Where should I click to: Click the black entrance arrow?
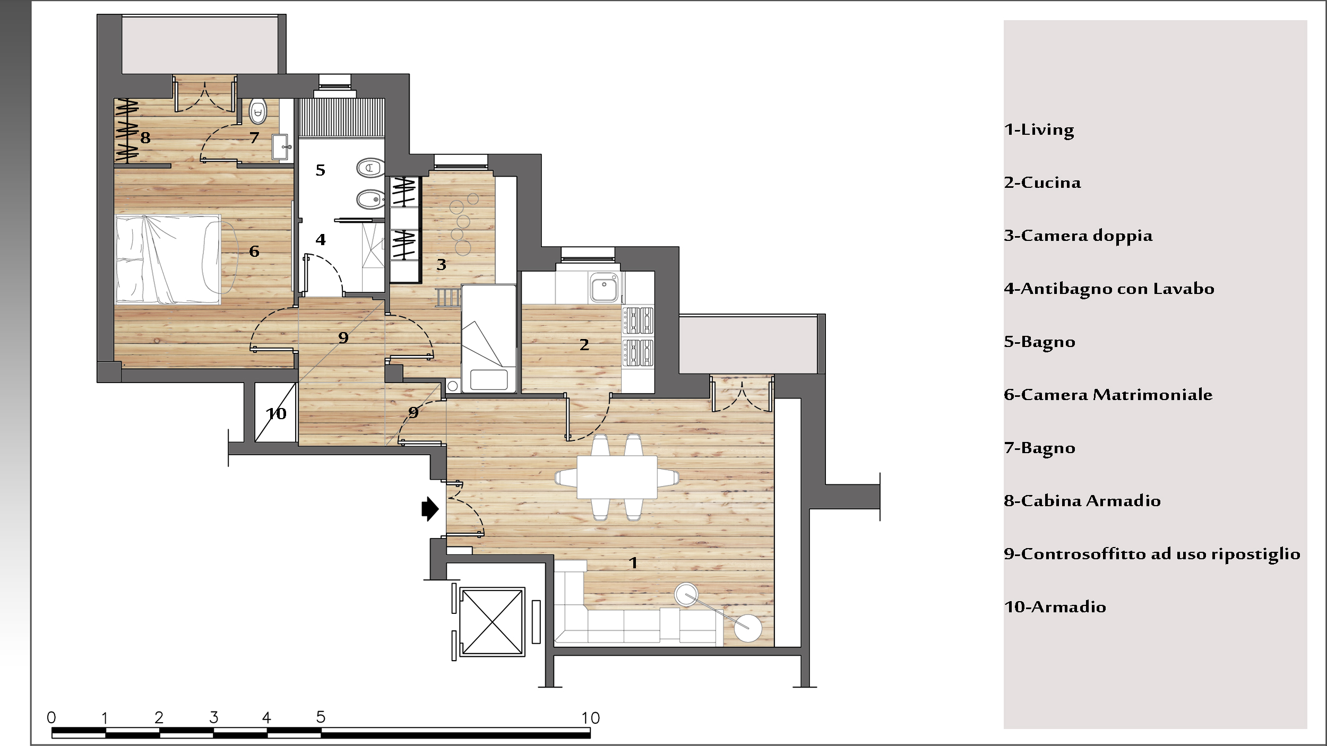click(430, 509)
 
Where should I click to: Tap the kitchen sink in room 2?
click(604, 288)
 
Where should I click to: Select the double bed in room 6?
click(168, 259)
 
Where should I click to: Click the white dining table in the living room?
click(617, 476)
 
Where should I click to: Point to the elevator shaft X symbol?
click(493, 622)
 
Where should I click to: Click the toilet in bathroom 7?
click(258, 111)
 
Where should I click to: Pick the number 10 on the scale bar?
click(590, 718)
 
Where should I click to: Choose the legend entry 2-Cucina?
click(1042, 183)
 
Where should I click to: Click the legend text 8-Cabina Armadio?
click(1082, 501)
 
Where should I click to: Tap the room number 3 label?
click(441, 264)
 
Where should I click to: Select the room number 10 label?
click(276, 413)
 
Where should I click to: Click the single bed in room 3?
click(489, 339)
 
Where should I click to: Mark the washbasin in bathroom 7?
click(281, 147)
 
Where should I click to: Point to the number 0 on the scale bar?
click(51, 718)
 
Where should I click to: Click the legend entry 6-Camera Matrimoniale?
click(1108, 395)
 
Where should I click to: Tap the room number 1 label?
click(633, 562)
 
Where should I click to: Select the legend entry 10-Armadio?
click(1055, 607)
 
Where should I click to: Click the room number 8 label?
click(145, 138)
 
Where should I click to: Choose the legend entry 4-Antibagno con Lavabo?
click(1109, 289)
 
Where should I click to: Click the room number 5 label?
click(320, 170)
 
